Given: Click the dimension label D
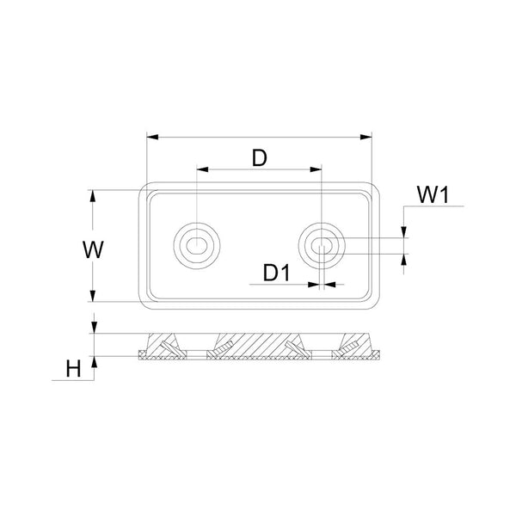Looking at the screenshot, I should [259, 157].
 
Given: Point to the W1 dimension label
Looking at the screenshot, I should [435, 195].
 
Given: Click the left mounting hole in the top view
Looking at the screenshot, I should [198, 244].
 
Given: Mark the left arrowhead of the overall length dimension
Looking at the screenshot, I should [151, 136].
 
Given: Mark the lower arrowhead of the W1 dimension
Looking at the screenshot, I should [404, 258].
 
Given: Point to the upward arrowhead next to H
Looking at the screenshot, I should [95, 362].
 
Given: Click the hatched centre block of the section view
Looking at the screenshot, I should [259, 345].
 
